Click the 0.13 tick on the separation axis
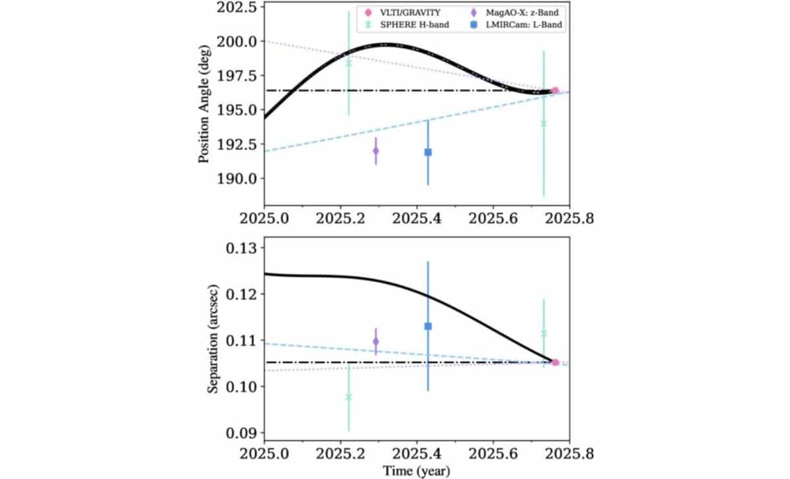244,248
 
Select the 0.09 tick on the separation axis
244,433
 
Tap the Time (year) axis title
417,471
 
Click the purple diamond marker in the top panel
376,151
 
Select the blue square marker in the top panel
428,152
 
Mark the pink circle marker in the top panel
555,90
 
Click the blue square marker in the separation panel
428,326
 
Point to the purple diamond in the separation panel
376,341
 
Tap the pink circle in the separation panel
555,362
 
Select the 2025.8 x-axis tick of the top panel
569,218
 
